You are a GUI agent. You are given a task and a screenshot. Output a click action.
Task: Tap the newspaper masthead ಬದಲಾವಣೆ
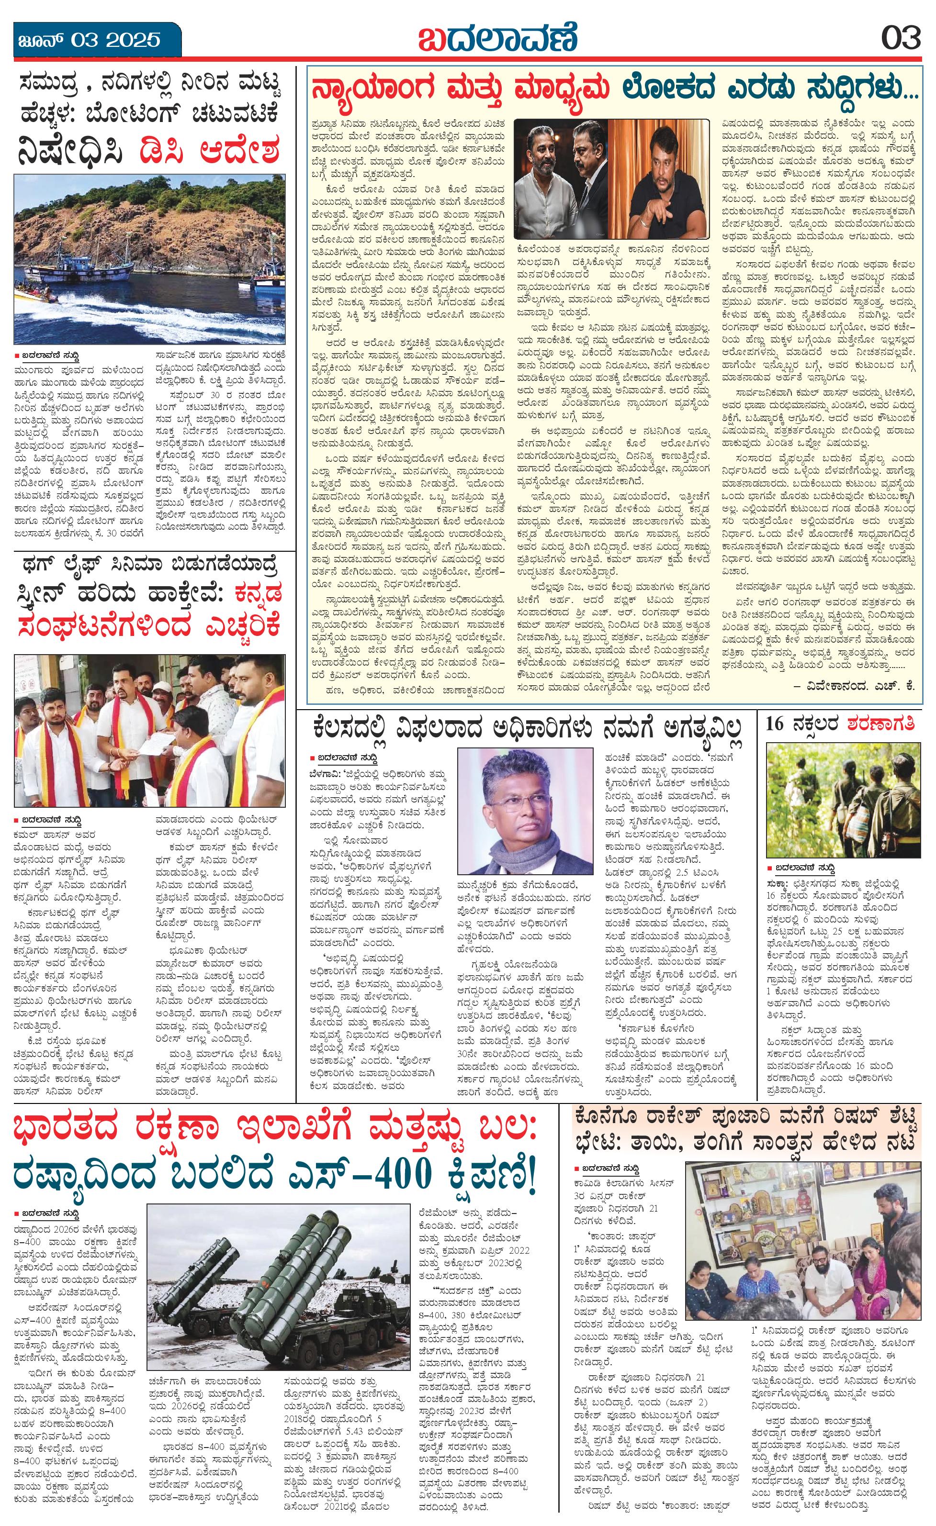(x=497, y=38)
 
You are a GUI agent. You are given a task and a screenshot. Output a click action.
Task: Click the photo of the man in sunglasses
(x=658, y=178)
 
